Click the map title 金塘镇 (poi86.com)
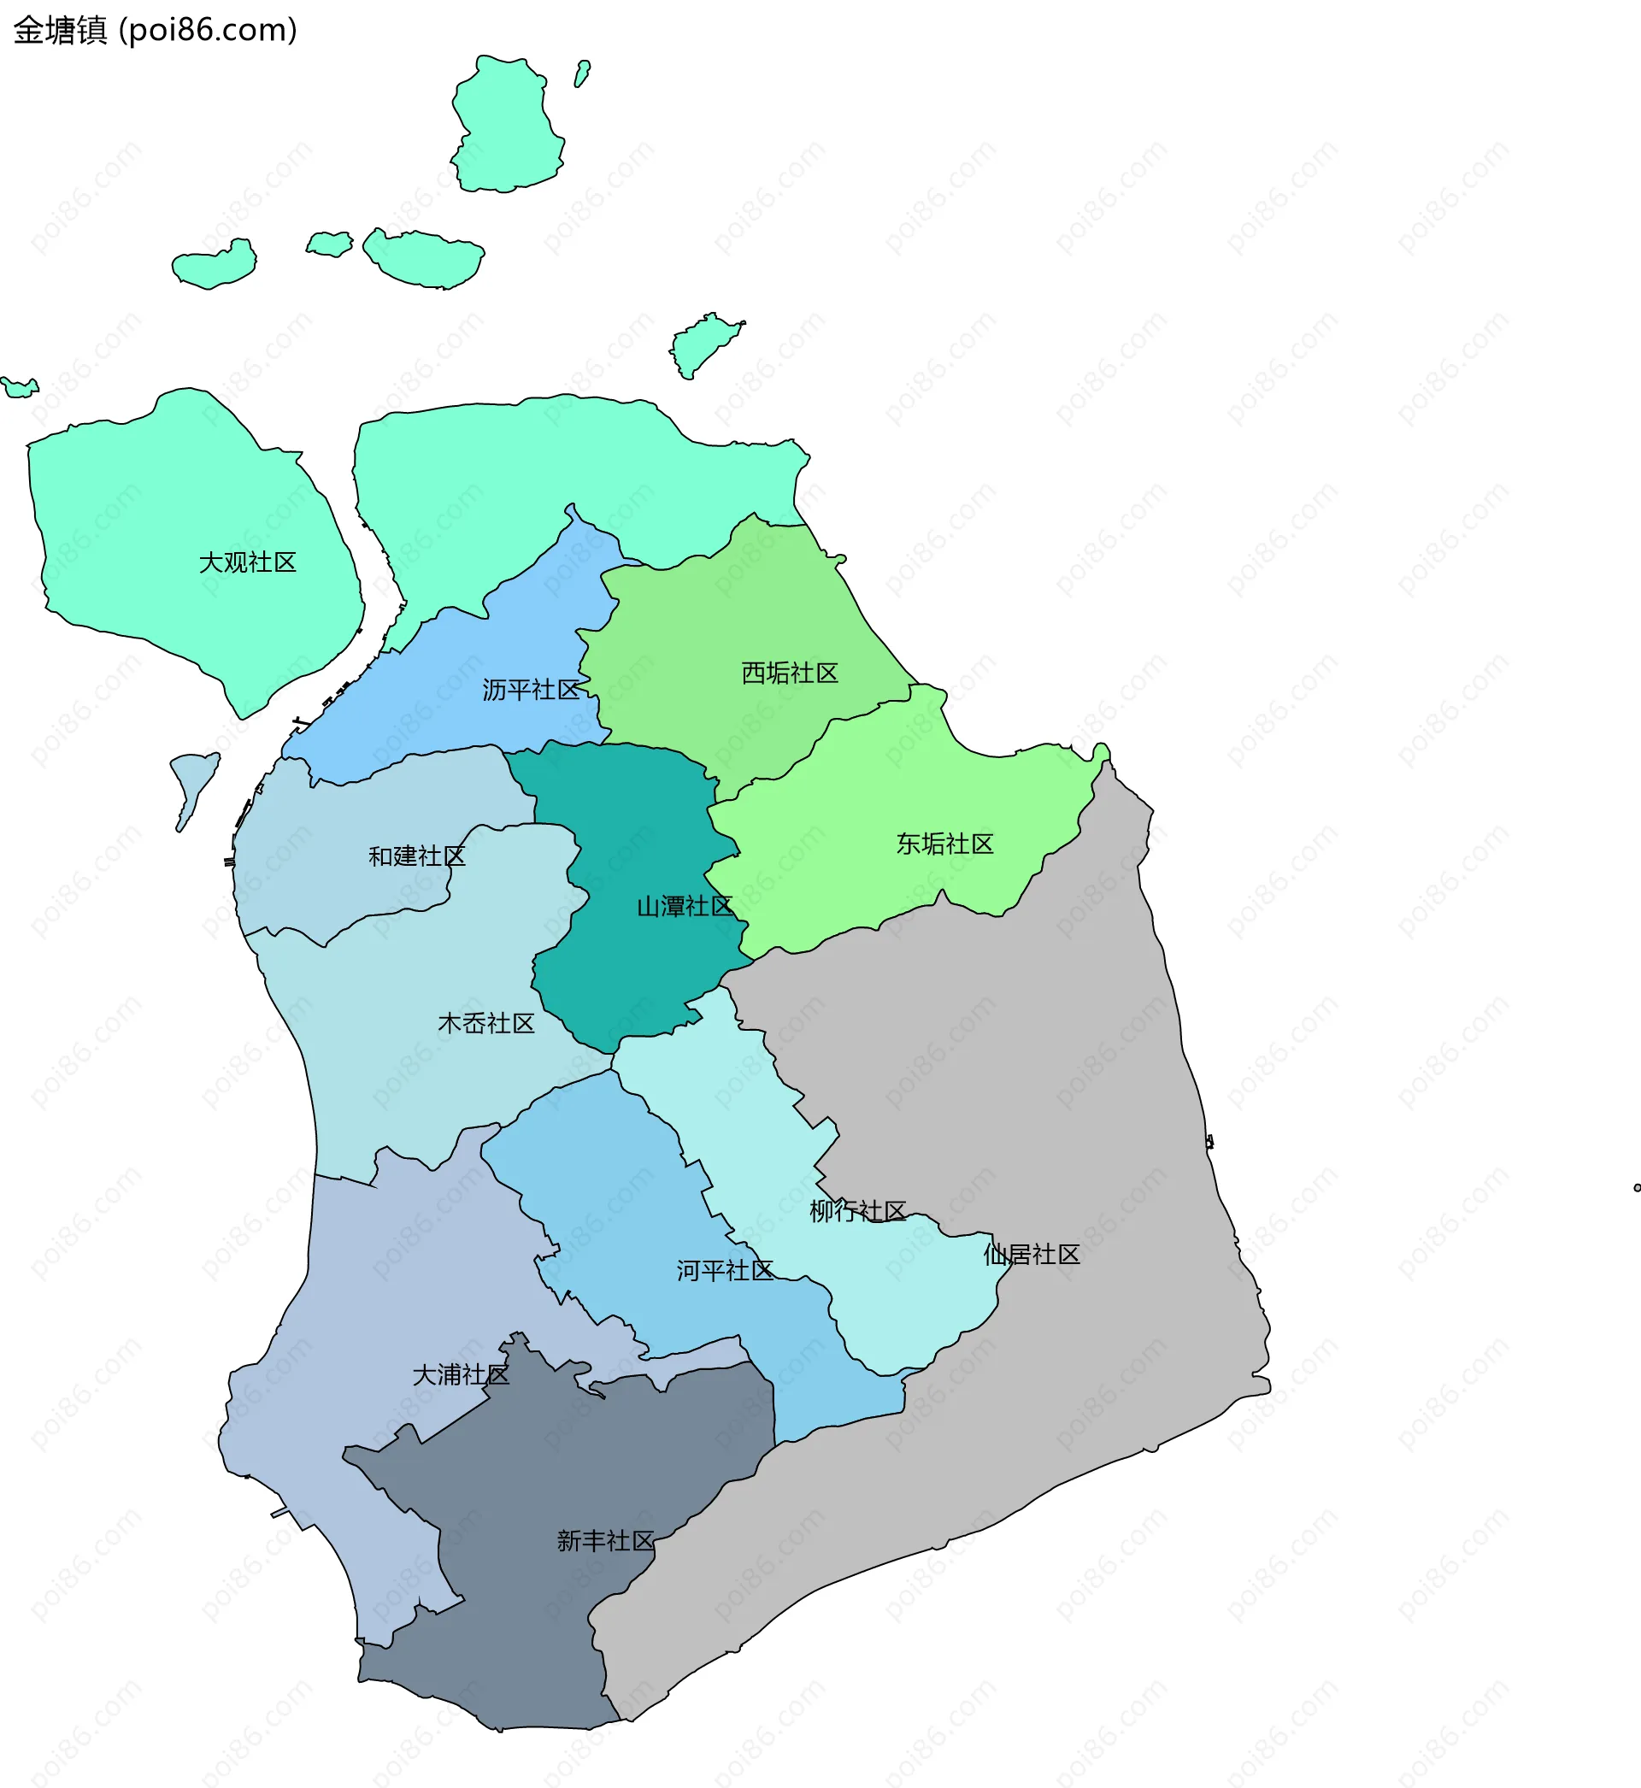point(156,30)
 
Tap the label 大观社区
point(247,563)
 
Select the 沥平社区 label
point(530,690)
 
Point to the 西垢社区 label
point(790,673)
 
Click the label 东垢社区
point(944,844)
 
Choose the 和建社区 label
point(416,856)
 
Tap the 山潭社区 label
point(685,907)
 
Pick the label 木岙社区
point(485,1024)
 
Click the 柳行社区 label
point(857,1211)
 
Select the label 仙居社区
point(1031,1255)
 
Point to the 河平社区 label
point(725,1270)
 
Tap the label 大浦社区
point(460,1375)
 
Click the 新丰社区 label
point(605,1540)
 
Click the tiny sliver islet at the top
point(582,74)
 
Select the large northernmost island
point(506,124)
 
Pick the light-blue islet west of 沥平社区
point(193,781)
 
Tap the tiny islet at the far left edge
point(20,387)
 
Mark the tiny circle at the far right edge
point(1637,1188)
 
